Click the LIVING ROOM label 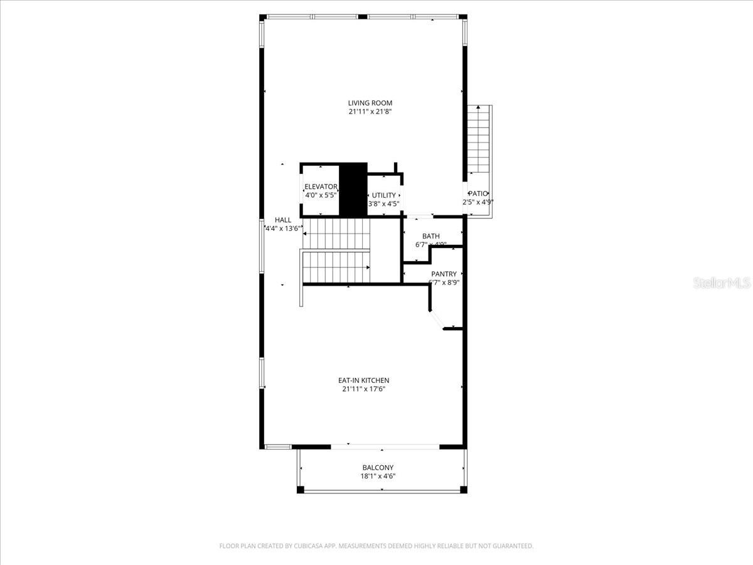[x=370, y=103]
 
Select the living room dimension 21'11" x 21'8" [x=370, y=112]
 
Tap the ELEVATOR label [x=321, y=187]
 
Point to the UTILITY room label [x=383, y=195]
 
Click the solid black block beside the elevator [x=353, y=189]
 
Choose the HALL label [x=283, y=220]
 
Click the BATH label [x=430, y=236]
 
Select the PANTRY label [x=444, y=274]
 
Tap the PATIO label [x=478, y=194]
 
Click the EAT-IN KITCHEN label [x=364, y=380]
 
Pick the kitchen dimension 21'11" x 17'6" [x=364, y=389]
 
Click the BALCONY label [x=378, y=468]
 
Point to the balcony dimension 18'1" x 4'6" [x=378, y=476]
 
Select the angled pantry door [x=437, y=320]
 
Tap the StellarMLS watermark [x=721, y=284]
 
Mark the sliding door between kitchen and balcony [x=385, y=447]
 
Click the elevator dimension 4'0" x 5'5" [x=321, y=196]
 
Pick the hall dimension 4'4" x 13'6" [x=284, y=229]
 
